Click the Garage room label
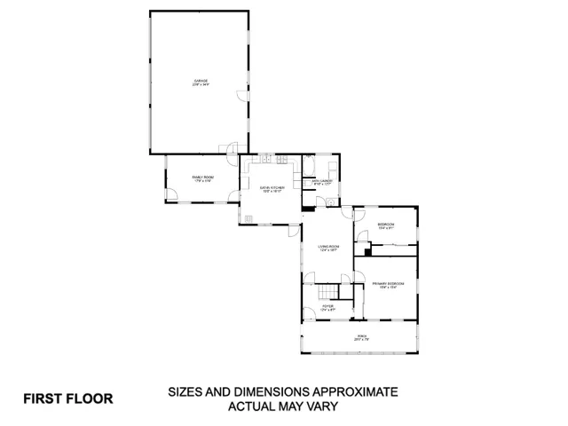coord(201,83)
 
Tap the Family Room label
coord(203,179)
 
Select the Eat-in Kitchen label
coord(272,189)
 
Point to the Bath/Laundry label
coord(321,183)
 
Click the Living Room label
coord(330,248)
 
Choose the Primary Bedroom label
coord(391,285)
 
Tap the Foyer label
coord(327,307)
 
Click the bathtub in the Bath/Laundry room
coord(310,166)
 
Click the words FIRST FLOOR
coord(68,398)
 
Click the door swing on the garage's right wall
coord(241,97)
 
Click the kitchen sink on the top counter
coord(265,160)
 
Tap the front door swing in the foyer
coord(307,312)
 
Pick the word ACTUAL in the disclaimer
coord(254,406)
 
